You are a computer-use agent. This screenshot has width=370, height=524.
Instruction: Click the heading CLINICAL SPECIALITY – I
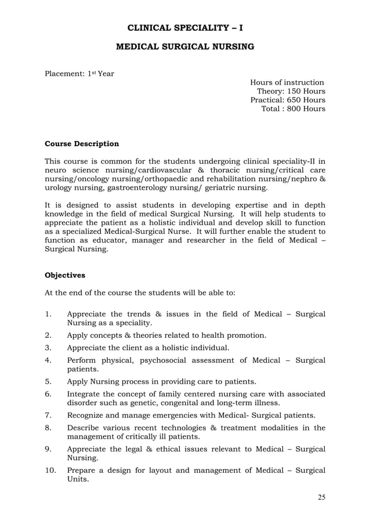[185, 26]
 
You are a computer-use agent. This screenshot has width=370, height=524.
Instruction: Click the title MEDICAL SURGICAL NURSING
[185, 46]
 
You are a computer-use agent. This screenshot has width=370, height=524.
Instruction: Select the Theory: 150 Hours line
[291, 92]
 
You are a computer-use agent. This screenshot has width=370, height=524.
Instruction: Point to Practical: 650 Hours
[287, 100]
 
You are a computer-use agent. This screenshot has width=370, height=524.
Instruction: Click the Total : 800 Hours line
[293, 109]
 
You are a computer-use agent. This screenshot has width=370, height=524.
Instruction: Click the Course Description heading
[82, 144]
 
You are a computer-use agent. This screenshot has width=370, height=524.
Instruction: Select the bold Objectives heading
[65, 275]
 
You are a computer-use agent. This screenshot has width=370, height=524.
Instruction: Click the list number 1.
[48, 315]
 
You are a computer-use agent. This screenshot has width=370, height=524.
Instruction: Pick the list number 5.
[48, 382]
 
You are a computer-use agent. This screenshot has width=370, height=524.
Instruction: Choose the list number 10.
[50, 470]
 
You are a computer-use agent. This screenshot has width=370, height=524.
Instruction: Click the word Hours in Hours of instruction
[262, 83]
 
